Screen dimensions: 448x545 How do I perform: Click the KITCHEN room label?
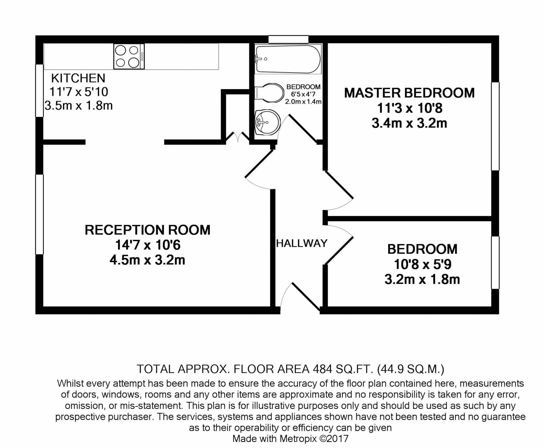[78, 78]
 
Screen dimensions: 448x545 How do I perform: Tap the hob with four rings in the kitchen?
[129, 57]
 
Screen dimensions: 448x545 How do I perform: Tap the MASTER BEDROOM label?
[409, 93]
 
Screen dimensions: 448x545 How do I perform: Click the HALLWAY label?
[302, 243]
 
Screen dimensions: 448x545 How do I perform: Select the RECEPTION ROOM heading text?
[147, 230]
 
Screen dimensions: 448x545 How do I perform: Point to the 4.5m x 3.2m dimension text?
[147, 260]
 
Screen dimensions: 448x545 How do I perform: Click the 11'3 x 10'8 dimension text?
[409, 108]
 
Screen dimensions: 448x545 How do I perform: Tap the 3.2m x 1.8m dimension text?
[422, 280]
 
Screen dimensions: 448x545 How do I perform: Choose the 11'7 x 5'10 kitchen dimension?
[78, 92]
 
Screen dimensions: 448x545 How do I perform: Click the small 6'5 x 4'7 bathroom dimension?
[303, 95]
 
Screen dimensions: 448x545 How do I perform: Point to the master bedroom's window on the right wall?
[495, 126]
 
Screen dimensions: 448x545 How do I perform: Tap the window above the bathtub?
[288, 40]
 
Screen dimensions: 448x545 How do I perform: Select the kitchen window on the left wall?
[40, 90]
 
